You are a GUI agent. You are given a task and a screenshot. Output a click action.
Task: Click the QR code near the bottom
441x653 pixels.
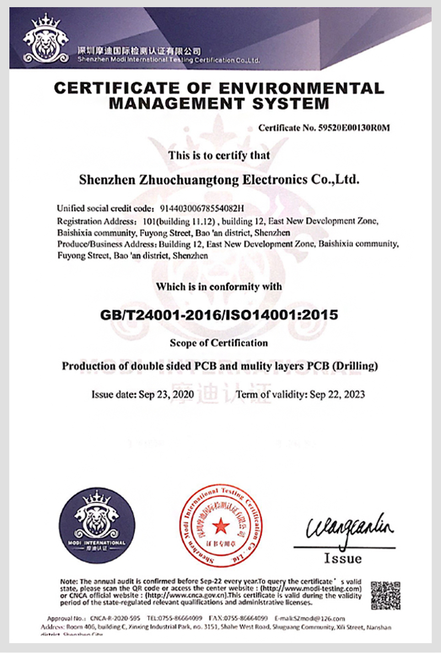click(x=385, y=595)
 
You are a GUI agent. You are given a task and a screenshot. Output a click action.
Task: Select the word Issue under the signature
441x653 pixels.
click(x=343, y=558)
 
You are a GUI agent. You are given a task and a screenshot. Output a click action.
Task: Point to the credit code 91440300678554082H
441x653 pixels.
click(x=202, y=208)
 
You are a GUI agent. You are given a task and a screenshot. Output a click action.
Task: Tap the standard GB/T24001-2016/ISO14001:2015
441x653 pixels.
click(x=219, y=315)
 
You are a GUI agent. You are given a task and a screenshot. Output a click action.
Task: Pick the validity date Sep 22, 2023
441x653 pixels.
click(x=337, y=395)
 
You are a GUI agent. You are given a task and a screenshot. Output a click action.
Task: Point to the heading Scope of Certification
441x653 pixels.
click(x=219, y=343)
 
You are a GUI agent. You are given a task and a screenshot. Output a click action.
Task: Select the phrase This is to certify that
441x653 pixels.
click(x=219, y=155)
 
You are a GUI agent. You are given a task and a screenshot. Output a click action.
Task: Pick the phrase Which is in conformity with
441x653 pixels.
click(x=219, y=287)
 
